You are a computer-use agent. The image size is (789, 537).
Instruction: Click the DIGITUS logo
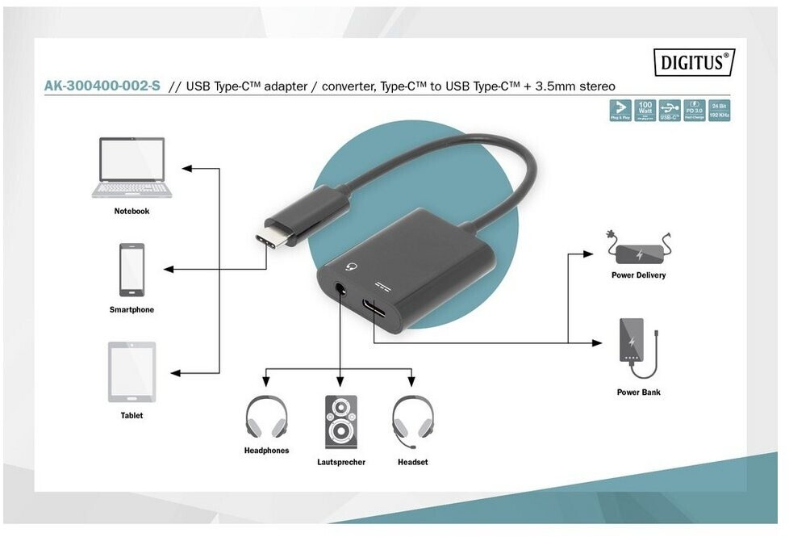pos(695,61)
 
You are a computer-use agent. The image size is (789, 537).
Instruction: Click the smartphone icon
pos(132,270)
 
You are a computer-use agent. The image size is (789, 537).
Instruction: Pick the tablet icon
pos(131,371)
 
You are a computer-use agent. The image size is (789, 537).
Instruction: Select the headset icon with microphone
pos(412,421)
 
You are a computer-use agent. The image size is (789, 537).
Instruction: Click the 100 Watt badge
pos(645,111)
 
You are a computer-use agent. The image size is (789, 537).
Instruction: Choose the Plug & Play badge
pos(620,111)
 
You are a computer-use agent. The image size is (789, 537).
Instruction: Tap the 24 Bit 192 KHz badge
pos(720,111)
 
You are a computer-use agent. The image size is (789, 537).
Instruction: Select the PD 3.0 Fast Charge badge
pos(695,111)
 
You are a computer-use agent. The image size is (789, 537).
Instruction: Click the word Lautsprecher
pos(340,463)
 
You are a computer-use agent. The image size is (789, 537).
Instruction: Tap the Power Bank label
pos(639,392)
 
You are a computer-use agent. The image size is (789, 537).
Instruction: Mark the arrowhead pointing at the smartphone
pos(168,269)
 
